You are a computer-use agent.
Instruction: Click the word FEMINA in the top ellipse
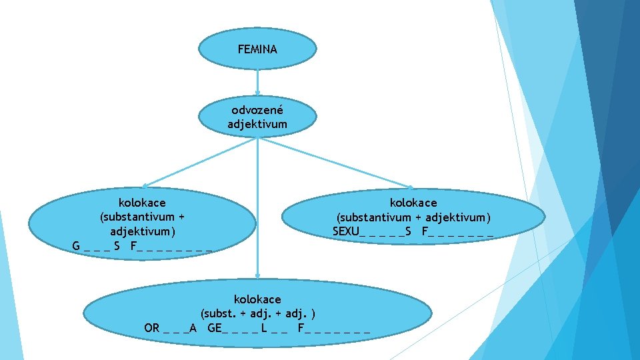257,49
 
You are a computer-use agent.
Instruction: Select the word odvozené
257,110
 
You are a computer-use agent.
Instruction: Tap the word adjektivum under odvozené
257,124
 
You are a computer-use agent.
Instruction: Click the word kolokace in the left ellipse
142,202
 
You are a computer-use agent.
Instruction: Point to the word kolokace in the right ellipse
413,202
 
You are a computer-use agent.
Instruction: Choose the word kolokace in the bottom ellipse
257,299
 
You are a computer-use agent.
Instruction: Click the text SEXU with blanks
346,231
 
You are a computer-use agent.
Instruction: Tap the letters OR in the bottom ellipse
152,327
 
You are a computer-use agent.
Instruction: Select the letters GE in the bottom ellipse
215,327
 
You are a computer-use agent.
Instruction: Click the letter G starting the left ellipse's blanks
77,246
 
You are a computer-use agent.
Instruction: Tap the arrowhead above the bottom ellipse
257,274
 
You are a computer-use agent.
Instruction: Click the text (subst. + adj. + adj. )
257,313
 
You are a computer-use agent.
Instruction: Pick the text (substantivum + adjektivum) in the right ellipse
413,217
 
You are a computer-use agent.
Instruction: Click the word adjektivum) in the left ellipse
142,231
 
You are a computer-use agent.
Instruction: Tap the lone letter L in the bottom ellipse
265,327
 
